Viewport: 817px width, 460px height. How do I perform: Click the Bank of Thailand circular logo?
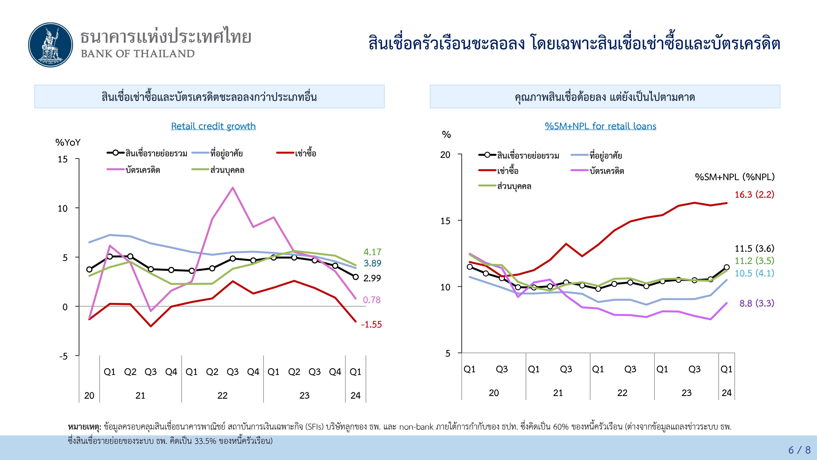coord(50,45)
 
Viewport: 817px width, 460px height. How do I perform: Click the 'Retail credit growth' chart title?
coord(213,126)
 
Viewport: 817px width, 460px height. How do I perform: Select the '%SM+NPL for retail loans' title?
coord(600,126)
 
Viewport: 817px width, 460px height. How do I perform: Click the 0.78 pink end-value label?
coord(371,300)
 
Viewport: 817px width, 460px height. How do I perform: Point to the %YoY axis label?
coord(68,142)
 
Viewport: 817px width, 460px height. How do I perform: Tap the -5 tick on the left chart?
coord(64,356)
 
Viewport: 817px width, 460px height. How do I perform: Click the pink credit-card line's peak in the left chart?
coord(233,188)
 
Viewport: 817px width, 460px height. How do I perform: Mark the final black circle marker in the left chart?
coord(356,277)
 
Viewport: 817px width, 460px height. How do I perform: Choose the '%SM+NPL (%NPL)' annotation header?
coord(734,177)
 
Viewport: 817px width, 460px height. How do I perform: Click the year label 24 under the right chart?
coord(726,393)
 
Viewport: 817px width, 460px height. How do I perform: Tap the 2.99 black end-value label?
coord(372,278)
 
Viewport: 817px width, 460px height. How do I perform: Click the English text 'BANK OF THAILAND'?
coord(138,54)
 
